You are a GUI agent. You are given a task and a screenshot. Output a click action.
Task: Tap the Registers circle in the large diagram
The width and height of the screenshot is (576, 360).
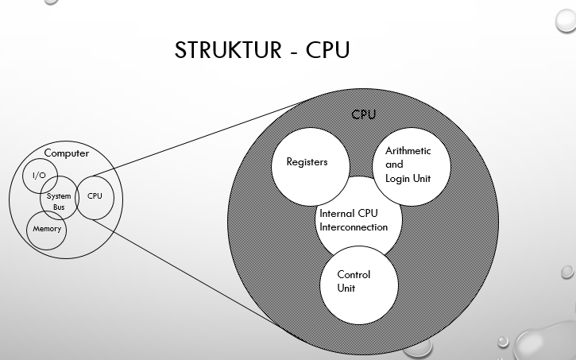[x=307, y=162]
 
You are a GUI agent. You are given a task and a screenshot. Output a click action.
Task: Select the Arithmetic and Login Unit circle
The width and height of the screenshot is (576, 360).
[x=411, y=165]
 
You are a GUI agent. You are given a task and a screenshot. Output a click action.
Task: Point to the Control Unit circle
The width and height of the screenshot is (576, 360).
[x=357, y=282]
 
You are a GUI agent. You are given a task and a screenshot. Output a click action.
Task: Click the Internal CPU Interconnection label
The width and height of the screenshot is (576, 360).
[x=354, y=220]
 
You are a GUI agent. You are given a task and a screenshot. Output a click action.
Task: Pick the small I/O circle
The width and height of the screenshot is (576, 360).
[x=39, y=175]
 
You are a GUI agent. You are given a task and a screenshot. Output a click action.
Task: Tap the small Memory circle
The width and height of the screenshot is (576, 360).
[x=46, y=229]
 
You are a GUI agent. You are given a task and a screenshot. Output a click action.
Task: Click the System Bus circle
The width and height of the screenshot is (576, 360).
[x=60, y=201]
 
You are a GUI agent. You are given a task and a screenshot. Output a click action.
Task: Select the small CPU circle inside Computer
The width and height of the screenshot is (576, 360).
[x=95, y=196]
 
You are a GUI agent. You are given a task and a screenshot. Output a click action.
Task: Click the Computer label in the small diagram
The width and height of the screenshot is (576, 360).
[x=67, y=153]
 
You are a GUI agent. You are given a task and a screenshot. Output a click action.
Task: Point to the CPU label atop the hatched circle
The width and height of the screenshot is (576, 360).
[x=363, y=115]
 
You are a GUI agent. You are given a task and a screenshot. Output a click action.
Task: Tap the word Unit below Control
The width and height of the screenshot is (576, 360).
[x=346, y=288]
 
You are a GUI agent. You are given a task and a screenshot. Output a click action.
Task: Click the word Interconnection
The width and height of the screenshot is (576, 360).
[x=354, y=227]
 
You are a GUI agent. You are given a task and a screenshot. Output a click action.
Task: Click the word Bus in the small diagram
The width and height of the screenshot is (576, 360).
[x=60, y=207]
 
